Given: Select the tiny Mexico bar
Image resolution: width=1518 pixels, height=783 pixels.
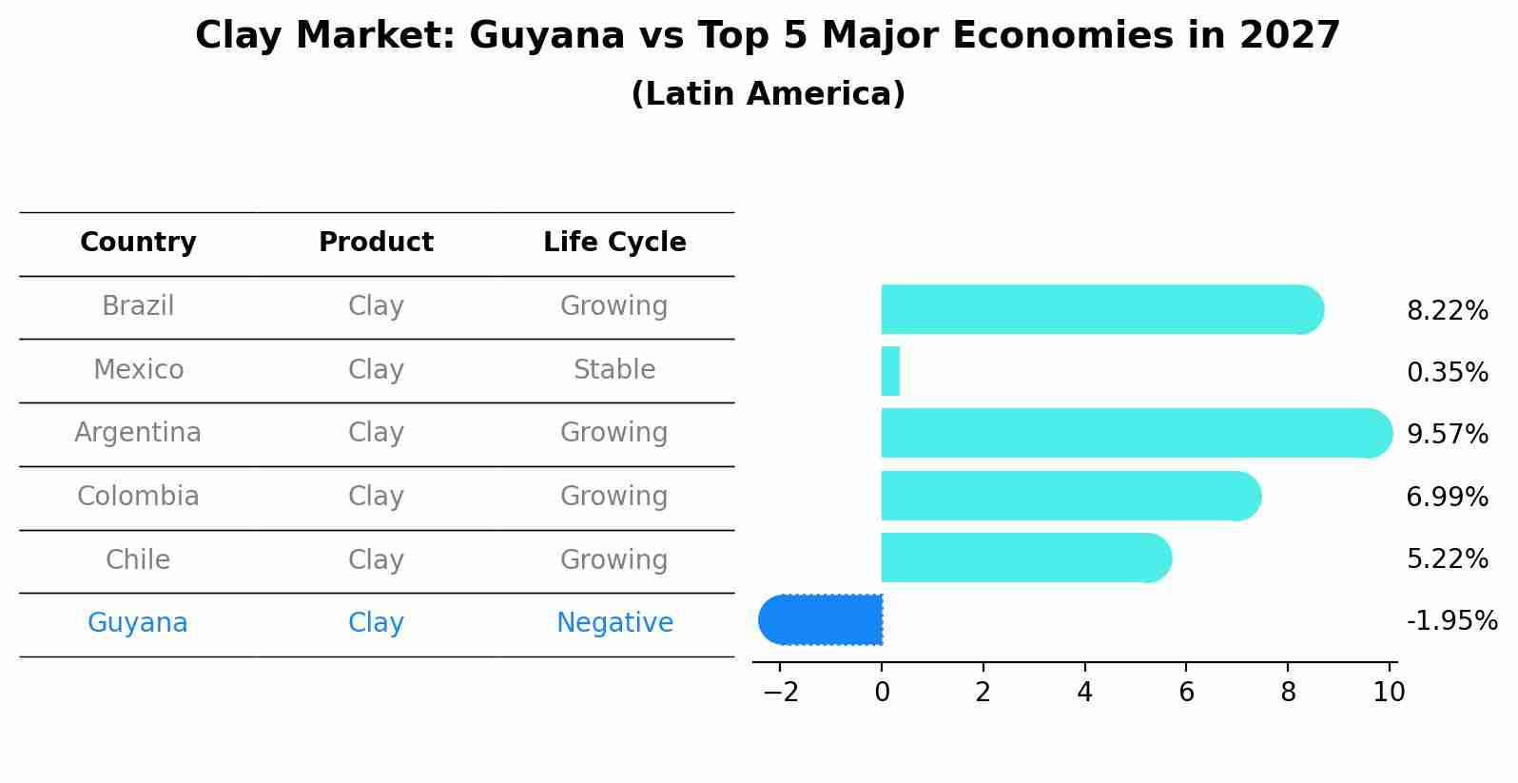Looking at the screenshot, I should tap(890, 371).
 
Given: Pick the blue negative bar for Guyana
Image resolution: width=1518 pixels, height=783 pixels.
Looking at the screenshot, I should tap(822, 619).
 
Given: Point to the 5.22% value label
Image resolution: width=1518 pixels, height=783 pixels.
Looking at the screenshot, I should tap(1447, 558).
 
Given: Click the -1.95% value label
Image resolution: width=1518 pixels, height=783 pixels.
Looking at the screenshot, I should tap(1451, 620).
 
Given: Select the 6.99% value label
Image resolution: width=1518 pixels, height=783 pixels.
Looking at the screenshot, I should tap(1447, 497).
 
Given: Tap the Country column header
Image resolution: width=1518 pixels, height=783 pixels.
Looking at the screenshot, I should tap(138, 243).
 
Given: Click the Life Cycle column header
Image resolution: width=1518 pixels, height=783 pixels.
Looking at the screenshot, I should tap(614, 243).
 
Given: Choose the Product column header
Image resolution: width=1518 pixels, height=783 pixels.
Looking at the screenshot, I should tap(376, 243).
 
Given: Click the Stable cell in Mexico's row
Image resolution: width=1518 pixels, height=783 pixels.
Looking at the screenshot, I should tap(614, 369).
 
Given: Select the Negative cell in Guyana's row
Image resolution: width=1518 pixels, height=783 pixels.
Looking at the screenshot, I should tap(614, 623).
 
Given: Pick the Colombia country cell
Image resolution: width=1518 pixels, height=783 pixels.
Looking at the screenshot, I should tap(138, 497).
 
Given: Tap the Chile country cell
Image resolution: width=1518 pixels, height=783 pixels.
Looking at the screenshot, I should tap(138, 559).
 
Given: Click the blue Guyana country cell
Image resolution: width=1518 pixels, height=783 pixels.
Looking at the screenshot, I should tap(138, 623).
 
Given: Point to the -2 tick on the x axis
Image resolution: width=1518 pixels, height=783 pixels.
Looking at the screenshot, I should tap(780, 692).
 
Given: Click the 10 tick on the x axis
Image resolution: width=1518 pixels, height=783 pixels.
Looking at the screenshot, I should tap(1389, 692).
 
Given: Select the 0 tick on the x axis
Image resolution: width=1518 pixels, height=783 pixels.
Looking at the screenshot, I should tap(882, 692).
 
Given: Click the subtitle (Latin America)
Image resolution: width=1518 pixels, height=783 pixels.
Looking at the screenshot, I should tap(768, 94).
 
